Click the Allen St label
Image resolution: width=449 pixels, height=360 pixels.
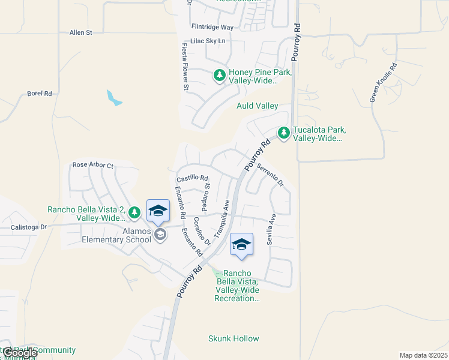tap(80, 32)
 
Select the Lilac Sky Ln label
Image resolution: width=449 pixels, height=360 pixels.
tap(207, 41)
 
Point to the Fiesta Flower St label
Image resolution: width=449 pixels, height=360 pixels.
tap(185, 67)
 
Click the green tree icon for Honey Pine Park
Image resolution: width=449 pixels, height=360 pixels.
tap(220, 75)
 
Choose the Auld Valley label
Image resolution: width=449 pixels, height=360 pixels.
tap(258, 106)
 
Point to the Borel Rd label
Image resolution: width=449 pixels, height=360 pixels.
tap(40, 94)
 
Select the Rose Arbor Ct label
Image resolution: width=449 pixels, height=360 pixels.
tap(92, 164)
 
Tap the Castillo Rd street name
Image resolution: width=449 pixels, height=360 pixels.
tap(192, 178)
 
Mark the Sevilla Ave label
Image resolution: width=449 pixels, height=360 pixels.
tap(271, 228)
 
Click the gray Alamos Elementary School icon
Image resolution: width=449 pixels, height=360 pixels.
tap(160, 234)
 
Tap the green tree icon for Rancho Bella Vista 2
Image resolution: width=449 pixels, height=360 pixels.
tap(135, 212)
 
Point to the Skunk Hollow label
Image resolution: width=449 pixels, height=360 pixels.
tap(234, 338)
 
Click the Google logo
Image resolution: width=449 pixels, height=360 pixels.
tap(20, 353)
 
